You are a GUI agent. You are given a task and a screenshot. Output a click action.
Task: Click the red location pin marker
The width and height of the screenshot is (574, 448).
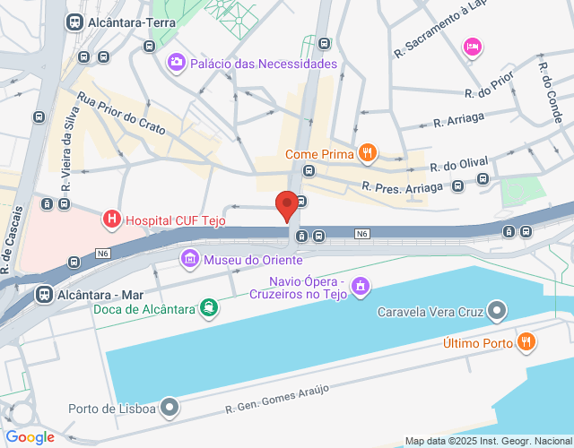[x=287, y=205]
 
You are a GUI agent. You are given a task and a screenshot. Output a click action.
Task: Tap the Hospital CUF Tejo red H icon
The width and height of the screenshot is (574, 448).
[x=112, y=219]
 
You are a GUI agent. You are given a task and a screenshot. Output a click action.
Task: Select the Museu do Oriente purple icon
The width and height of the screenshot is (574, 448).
[x=190, y=260]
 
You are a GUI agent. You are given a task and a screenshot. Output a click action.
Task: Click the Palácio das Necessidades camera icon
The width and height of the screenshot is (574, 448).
[x=176, y=63]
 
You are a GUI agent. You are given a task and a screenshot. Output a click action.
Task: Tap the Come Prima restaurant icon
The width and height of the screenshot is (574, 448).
[x=366, y=154]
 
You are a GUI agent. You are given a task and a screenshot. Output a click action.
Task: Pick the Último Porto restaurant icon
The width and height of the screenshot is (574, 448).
[x=527, y=342]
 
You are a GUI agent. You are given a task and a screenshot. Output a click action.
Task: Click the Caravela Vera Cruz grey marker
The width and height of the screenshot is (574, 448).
[x=498, y=313]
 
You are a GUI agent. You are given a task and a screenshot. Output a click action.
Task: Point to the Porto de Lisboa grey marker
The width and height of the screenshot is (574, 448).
[x=170, y=409]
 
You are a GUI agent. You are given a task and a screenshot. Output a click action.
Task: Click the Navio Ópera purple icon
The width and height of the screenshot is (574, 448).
[x=361, y=287]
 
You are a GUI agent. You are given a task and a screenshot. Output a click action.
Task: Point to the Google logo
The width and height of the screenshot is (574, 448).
[x=30, y=436]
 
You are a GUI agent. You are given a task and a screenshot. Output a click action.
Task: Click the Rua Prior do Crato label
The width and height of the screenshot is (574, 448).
[x=123, y=114]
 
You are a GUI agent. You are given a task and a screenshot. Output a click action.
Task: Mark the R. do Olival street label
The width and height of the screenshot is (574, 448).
[x=459, y=164]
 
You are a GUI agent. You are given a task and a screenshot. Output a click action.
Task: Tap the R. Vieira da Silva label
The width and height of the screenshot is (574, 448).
[x=69, y=150]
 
